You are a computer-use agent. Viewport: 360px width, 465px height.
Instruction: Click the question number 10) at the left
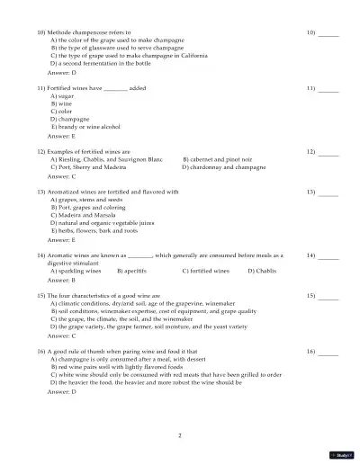[x=41, y=31]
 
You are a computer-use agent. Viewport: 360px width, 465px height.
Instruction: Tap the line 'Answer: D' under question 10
[x=61, y=73]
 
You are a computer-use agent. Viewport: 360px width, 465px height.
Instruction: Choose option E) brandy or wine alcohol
[x=87, y=126]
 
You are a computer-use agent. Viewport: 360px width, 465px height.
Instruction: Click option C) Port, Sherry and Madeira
[x=88, y=167]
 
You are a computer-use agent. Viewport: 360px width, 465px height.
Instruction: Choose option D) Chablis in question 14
[x=262, y=270]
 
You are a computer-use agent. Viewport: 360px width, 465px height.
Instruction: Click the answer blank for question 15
[x=328, y=295]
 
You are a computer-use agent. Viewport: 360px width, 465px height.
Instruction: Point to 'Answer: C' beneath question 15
[x=61, y=335]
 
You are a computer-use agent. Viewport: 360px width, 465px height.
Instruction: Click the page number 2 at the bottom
[x=180, y=435]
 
